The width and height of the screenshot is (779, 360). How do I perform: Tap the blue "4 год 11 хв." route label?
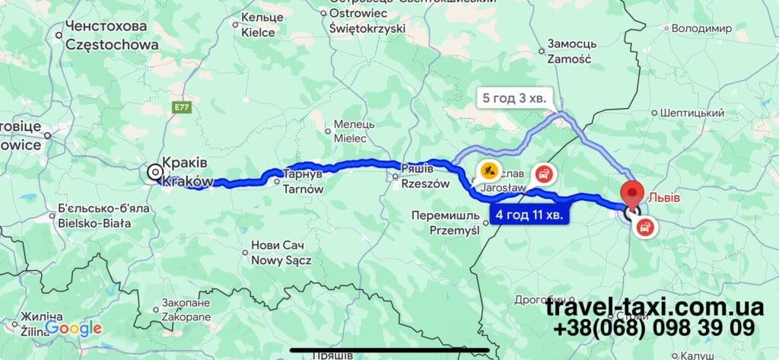click(529, 215)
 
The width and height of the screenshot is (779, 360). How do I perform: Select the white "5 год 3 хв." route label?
click(514, 98)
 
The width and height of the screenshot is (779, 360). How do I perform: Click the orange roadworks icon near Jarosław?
click(488, 168)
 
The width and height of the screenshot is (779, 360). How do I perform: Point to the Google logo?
click(73, 328)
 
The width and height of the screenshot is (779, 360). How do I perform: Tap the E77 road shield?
click(181, 108)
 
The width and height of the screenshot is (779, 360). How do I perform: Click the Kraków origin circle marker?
click(155, 172)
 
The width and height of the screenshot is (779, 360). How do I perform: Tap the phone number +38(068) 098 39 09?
click(654, 329)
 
